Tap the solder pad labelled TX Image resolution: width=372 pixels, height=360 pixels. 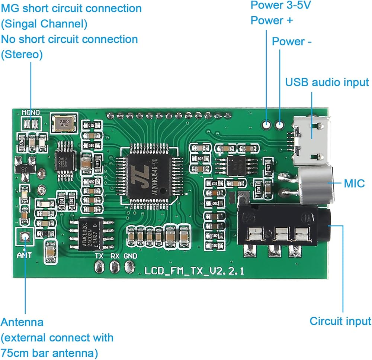tap(99, 266)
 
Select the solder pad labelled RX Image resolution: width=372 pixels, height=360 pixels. tap(115, 266)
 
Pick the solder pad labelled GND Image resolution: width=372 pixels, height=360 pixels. tap(130, 266)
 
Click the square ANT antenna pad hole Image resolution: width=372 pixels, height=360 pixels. tap(25, 236)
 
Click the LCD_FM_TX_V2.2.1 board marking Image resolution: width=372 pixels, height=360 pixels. tap(194, 271)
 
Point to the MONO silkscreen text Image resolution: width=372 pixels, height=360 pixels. tap(31, 112)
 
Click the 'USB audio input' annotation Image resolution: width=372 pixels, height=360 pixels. tap(327, 82)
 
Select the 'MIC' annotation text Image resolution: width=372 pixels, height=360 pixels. tap(354, 183)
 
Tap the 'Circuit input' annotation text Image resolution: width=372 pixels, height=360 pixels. tap(340, 321)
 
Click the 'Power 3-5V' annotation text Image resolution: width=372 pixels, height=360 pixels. tap(276, 5)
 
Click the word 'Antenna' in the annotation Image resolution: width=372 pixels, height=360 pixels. tap(22, 322)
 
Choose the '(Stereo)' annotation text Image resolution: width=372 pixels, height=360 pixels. tap(22, 55)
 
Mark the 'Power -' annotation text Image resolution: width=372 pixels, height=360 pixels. tap(292, 42)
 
